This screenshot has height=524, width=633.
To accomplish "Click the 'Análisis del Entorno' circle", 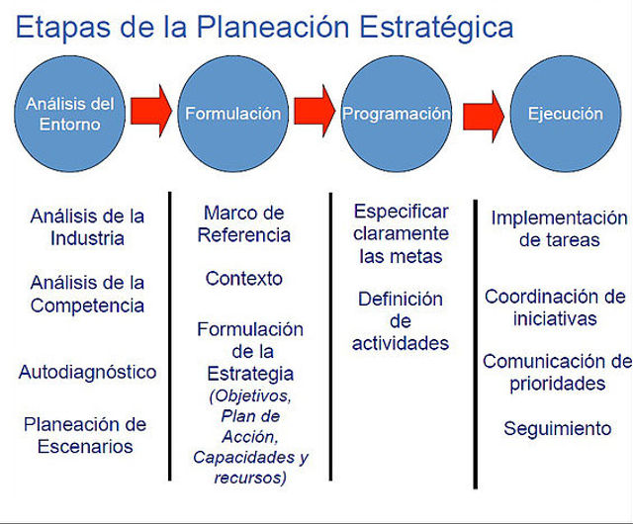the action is pyautogui.click(x=69, y=114).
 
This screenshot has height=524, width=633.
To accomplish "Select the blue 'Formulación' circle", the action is pyautogui.click(x=233, y=114).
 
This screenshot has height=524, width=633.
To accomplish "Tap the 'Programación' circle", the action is pyautogui.click(x=396, y=114).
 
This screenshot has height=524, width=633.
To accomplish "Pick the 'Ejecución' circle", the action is pyautogui.click(x=566, y=114).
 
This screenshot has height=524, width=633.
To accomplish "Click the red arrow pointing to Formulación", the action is pyautogui.click(x=151, y=111).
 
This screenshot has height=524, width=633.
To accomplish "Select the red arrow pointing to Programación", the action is pyautogui.click(x=315, y=111).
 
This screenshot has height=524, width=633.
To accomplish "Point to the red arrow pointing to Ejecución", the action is pyautogui.click(x=484, y=117).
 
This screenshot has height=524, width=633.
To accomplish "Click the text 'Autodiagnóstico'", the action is pyautogui.click(x=87, y=372).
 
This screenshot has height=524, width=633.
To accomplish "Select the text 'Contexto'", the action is pyautogui.click(x=244, y=279).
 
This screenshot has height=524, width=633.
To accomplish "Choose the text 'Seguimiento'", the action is pyautogui.click(x=557, y=429).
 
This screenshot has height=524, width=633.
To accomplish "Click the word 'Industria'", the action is pyautogui.click(x=87, y=238).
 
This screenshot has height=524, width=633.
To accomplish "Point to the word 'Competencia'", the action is pyautogui.click(x=87, y=306).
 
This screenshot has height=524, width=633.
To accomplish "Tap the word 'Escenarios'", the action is pyautogui.click(x=85, y=447).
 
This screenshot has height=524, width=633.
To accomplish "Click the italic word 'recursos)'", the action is pyautogui.click(x=250, y=478).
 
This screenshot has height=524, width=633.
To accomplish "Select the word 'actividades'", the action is pyautogui.click(x=401, y=343).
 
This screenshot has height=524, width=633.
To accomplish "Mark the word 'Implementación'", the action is pyautogui.click(x=559, y=218).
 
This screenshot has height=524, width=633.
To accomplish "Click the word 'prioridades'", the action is pyautogui.click(x=557, y=384).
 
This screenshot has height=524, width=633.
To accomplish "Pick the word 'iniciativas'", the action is pyautogui.click(x=555, y=319).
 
